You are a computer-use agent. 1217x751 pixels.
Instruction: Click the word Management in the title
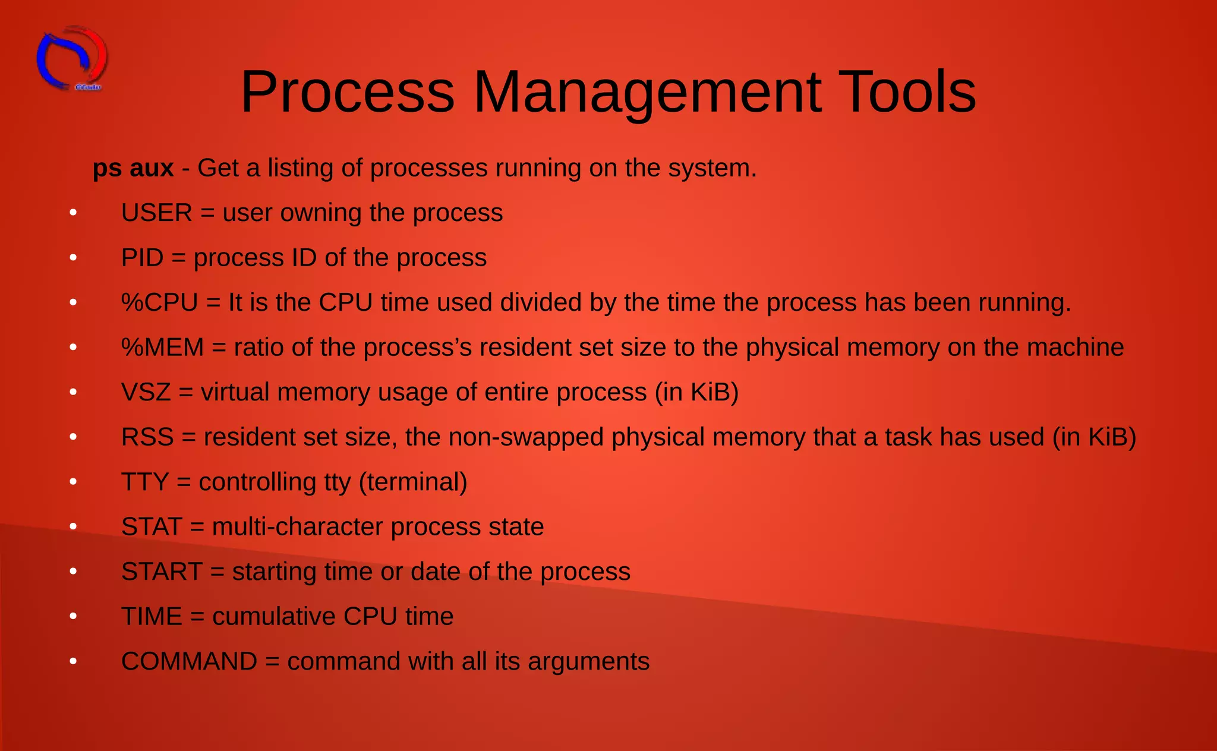[x=647, y=92]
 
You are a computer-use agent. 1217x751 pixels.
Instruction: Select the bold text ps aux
[x=133, y=168]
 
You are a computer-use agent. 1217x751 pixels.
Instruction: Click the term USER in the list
[x=157, y=213]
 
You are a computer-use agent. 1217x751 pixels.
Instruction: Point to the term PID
[x=143, y=258]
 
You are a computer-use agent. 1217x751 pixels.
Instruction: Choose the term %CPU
[x=159, y=302]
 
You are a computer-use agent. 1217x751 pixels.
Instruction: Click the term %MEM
[x=162, y=348]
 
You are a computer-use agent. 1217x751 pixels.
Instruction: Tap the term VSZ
[x=146, y=392]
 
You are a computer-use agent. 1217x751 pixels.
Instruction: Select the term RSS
[x=147, y=437]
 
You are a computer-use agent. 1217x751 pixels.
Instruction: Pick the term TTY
[x=145, y=482]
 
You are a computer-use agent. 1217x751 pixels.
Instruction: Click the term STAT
[x=152, y=527]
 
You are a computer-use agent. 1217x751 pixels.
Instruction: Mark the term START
[x=162, y=572]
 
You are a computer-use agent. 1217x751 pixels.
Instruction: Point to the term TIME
[x=152, y=617]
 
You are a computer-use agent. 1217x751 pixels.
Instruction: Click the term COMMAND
[x=189, y=661]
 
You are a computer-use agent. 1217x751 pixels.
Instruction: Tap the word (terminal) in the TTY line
[x=413, y=482]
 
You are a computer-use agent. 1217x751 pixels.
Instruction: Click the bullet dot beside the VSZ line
[x=73, y=392]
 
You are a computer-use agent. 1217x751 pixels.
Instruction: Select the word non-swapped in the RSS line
[x=526, y=437]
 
